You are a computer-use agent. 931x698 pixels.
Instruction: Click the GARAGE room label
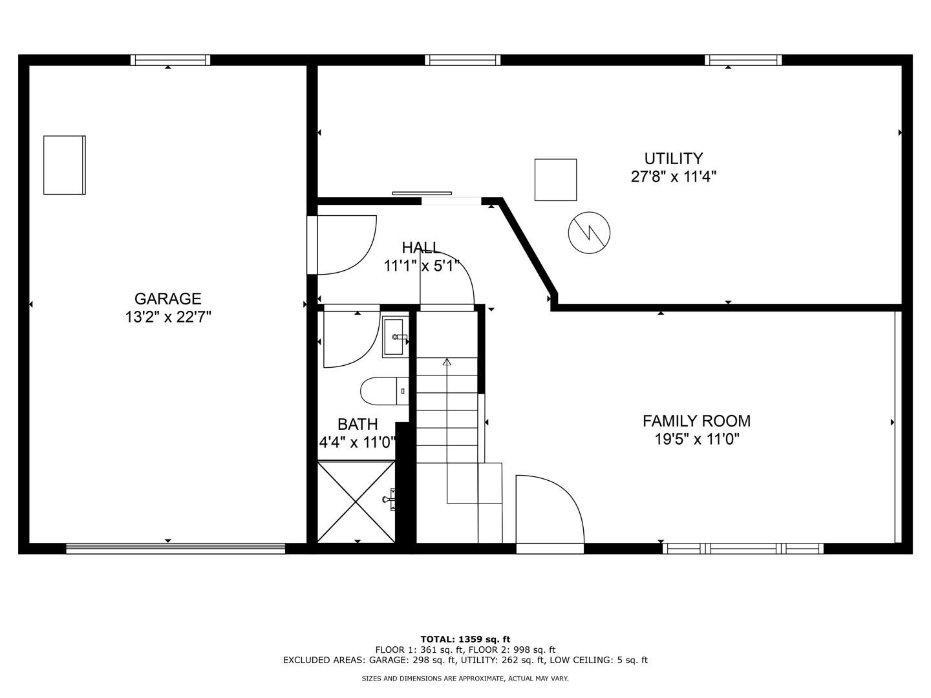click(x=167, y=299)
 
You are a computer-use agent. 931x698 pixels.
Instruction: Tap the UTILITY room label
click(x=673, y=158)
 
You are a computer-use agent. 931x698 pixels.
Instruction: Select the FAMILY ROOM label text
click(x=696, y=421)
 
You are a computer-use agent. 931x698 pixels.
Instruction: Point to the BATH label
click(x=358, y=424)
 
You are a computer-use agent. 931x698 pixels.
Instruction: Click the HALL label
click(x=421, y=248)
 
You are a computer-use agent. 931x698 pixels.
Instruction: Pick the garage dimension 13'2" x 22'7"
click(x=168, y=317)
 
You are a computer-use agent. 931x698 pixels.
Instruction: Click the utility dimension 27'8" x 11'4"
click(x=673, y=176)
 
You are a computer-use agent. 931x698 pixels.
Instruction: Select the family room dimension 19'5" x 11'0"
click(x=696, y=439)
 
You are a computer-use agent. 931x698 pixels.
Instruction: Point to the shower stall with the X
click(x=356, y=502)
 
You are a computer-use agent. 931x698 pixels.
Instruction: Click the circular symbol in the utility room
click(x=589, y=233)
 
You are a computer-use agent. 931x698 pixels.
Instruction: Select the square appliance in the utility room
click(x=555, y=180)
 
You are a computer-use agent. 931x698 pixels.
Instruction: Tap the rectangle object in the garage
click(x=64, y=165)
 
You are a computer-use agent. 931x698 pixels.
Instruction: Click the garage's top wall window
click(x=170, y=60)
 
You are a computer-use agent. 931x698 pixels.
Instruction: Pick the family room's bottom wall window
click(x=743, y=549)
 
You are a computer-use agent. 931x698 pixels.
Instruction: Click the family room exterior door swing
click(x=550, y=511)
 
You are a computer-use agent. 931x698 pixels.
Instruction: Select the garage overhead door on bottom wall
click(x=175, y=549)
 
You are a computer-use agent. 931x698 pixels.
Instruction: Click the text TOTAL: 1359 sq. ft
click(x=465, y=639)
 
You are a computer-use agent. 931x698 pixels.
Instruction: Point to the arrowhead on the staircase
click(x=447, y=362)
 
